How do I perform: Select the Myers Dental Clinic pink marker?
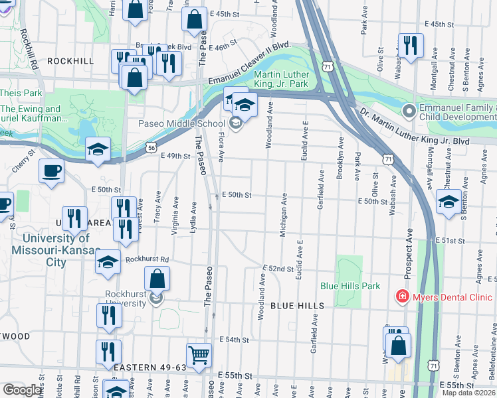point(402,295)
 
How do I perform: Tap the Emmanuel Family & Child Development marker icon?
point(408,109)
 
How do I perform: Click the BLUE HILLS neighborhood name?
point(297,306)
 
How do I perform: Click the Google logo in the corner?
point(22,390)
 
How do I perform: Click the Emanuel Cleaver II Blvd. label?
point(250,69)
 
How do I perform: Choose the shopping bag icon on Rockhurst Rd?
point(157,279)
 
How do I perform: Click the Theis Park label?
point(21,94)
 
